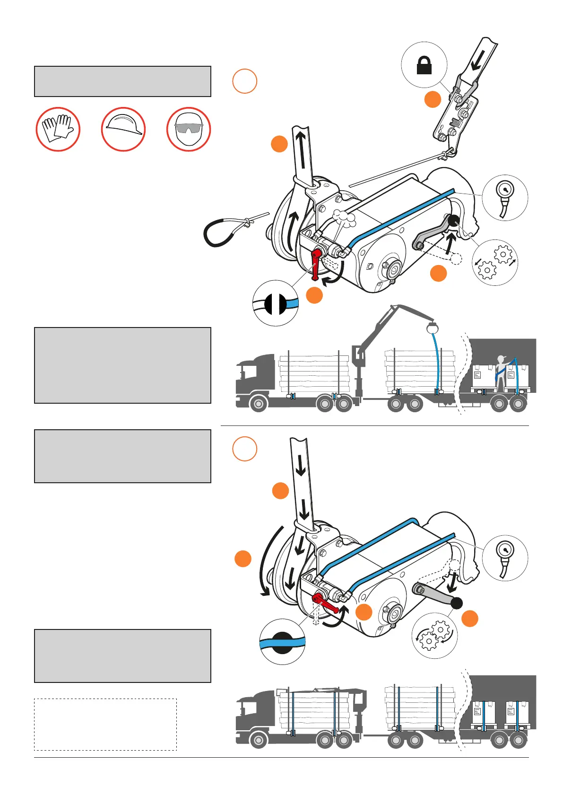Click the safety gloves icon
tap(58, 129)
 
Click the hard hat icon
tap(123, 129)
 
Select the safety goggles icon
tap(189, 129)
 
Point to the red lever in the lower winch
tap(324, 603)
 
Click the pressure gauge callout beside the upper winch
tap(505, 197)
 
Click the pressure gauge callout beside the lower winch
tap(505, 558)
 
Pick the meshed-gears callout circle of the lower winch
tap(435, 636)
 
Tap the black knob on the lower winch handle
tap(456, 603)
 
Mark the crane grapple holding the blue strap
tap(432, 327)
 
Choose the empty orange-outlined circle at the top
tap(245, 81)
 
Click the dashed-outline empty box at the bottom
tap(105, 724)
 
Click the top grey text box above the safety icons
tap(122, 81)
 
